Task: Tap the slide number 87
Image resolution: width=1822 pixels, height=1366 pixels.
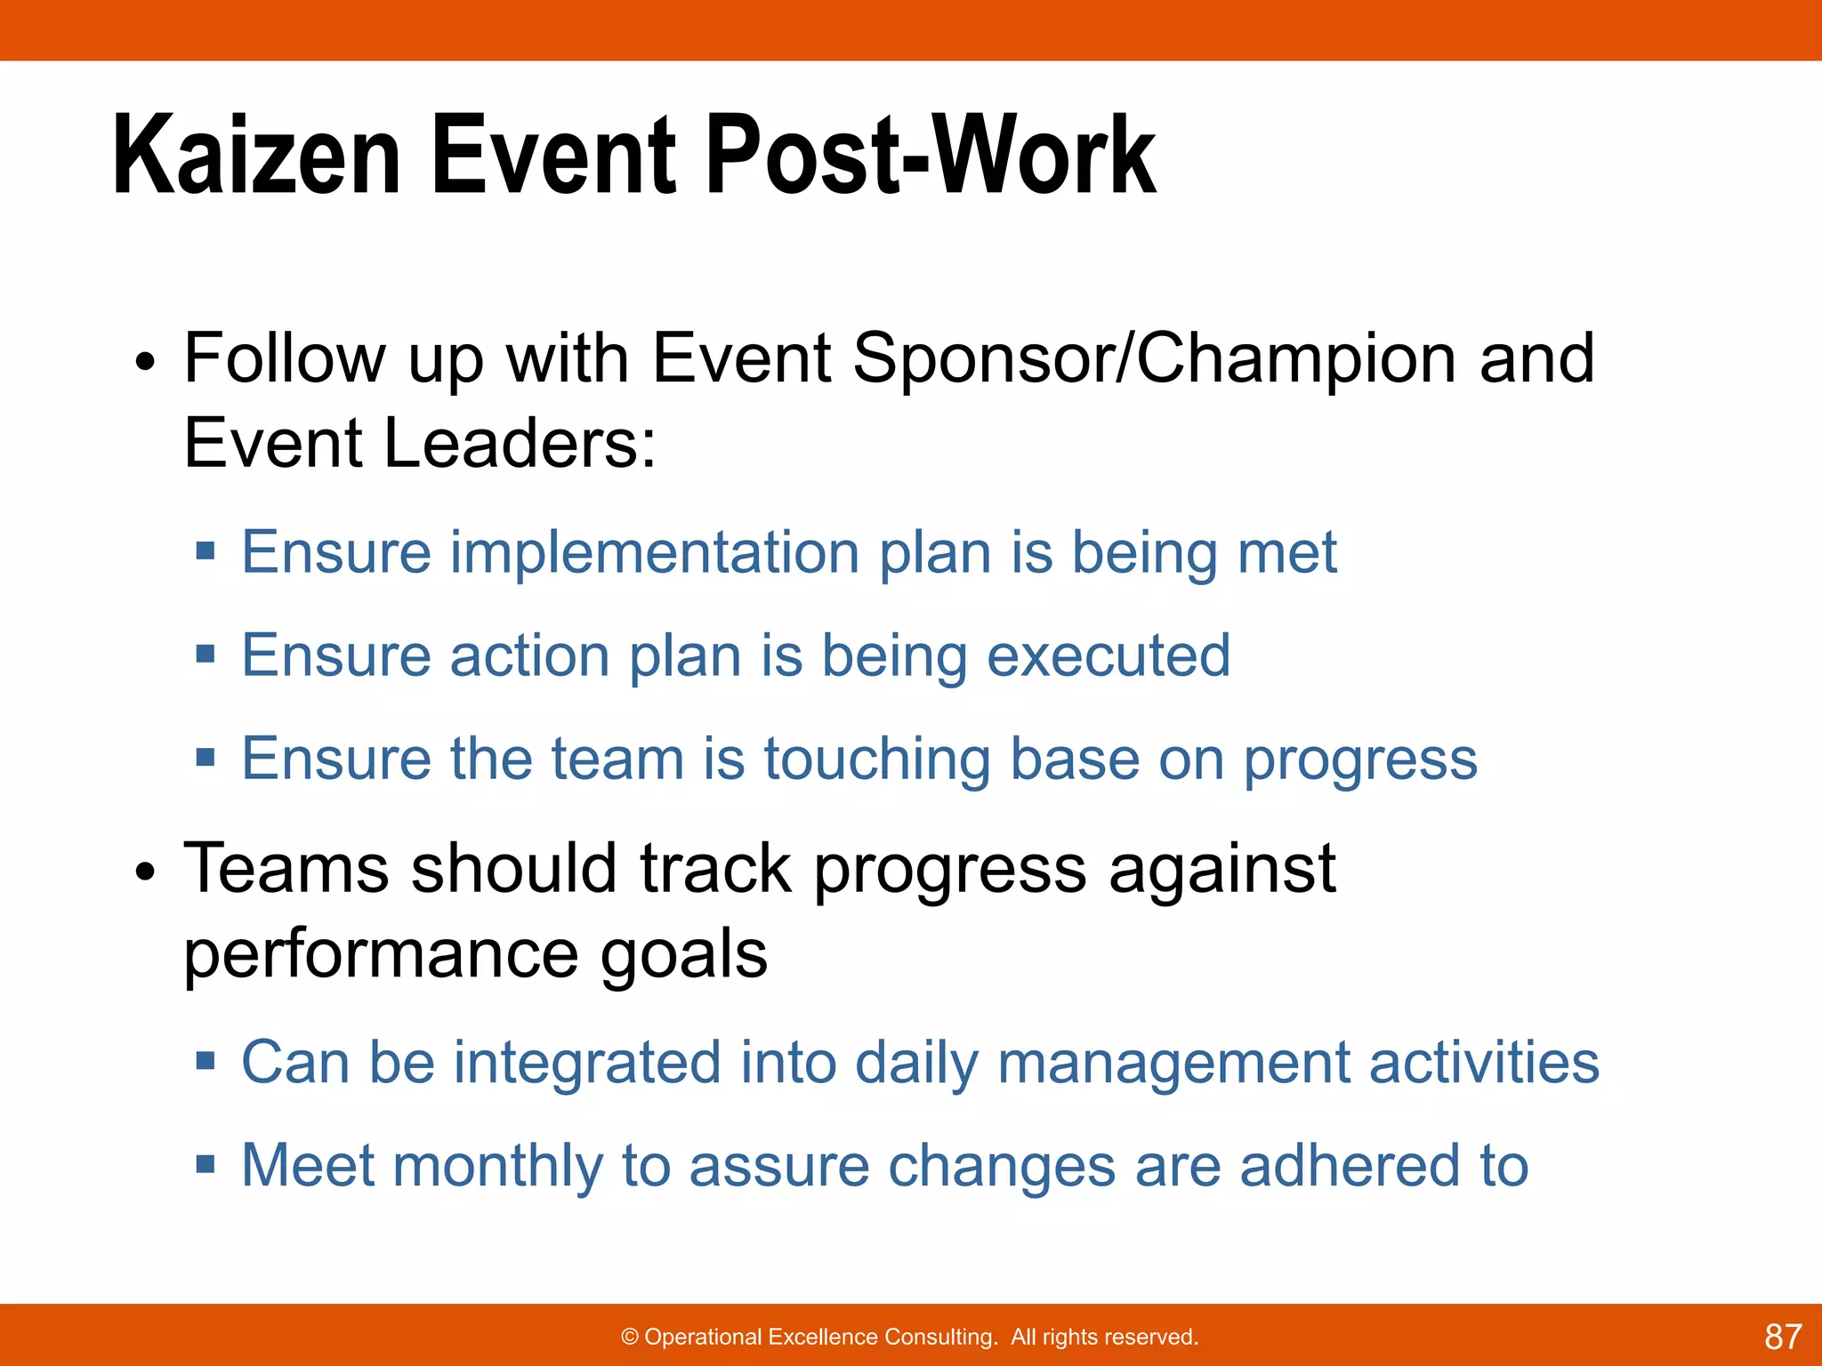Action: [x=1782, y=1337]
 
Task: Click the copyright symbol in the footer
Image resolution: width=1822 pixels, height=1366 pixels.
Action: [x=630, y=1338]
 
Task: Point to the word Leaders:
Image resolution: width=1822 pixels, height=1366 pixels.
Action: [x=520, y=444]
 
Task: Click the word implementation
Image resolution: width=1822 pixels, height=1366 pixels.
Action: [x=655, y=553]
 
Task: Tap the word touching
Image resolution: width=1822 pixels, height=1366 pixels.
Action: [x=876, y=759]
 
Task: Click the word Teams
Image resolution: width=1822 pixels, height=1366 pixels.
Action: [x=286, y=869]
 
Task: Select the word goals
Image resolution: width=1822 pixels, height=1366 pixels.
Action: [x=684, y=954]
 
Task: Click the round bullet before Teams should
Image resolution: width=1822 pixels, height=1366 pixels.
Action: [x=145, y=873]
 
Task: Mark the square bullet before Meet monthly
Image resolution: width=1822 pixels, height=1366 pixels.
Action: [x=206, y=1165]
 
